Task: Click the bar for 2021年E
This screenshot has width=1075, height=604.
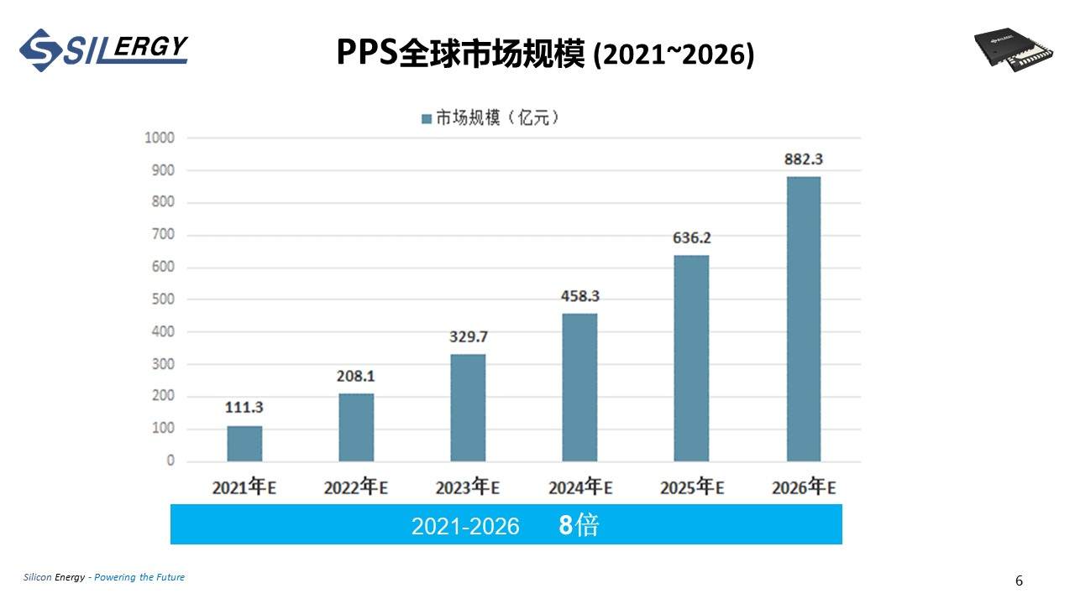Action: click(x=244, y=444)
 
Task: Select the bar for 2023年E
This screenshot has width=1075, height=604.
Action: click(x=468, y=408)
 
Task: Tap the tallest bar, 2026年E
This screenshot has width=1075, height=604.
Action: click(x=803, y=319)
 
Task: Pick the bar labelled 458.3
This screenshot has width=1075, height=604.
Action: click(x=579, y=388)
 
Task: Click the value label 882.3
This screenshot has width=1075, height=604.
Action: click(x=803, y=159)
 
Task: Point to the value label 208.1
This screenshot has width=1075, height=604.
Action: click(x=355, y=377)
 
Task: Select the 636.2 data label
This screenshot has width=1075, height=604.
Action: click(x=691, y=238)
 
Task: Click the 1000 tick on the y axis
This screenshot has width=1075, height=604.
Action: click(x=160, y=138)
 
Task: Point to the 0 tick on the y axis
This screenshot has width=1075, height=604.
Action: click(x=170, y=461)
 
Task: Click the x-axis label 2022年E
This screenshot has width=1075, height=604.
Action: click(x=355, y=487)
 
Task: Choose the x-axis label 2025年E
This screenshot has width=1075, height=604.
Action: click(x=691, y=487)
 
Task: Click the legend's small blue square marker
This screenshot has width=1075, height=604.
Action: click(x=426, y=119)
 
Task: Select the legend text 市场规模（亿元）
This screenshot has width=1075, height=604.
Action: click(x=497, y=118)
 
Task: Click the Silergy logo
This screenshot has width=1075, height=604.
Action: click(x=103, y=49)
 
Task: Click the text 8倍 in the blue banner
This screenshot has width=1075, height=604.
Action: click(x=579, y=525)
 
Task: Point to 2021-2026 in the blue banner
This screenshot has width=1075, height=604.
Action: click(x=465, y=526)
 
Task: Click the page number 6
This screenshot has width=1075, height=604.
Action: click(x=1020, y=581)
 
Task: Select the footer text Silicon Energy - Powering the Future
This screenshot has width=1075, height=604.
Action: click(x=104, y=577)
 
